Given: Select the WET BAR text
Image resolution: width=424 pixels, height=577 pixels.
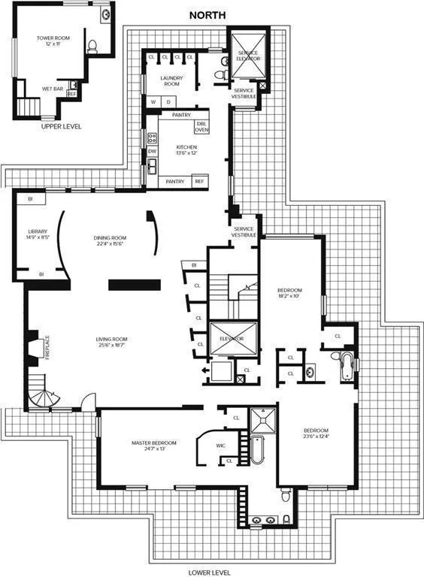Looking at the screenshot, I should [52, 88].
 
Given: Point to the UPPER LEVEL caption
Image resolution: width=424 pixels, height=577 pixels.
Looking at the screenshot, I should [62, 126].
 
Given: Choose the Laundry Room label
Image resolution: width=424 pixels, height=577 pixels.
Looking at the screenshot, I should [171, 81].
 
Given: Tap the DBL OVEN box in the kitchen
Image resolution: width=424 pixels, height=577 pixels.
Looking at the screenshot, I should [201, 127].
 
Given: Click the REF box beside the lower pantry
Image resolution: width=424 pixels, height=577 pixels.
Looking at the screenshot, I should [199, 181].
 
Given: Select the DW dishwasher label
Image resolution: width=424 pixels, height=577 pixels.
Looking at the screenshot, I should [152, 151].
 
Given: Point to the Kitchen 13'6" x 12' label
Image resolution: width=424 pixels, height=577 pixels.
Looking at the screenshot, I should [186, 150].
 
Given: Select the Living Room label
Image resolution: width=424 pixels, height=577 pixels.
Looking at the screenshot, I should [111, 343].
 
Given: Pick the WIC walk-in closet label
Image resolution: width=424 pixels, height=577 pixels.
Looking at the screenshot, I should [220, 446].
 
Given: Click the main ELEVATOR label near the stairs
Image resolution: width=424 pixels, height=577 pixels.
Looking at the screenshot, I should [232, 339].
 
